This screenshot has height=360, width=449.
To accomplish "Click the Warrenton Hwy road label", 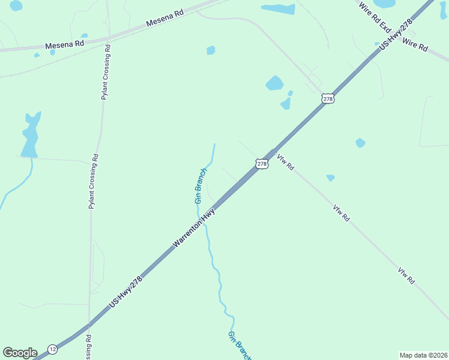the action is [x=194, y=229].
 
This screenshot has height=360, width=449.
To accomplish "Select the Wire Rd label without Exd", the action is [x=415, y=44].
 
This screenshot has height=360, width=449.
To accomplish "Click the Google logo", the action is [x=20, y=352].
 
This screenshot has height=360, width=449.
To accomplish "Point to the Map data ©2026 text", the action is [x=423, y=355].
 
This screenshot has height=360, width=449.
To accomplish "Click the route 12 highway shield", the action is [x=53, y=349].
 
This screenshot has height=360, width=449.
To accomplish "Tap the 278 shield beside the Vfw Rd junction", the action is [x=262, y=163].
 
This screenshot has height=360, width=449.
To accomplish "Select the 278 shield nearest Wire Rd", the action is [x=327, y=98].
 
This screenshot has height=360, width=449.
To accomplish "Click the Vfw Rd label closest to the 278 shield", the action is [x=285, y=163].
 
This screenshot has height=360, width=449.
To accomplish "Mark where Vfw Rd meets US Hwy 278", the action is [x=273, y=152].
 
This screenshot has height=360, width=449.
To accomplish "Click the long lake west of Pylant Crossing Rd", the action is [x=30, y=135].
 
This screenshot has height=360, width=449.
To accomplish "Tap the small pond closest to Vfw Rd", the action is [x=330, y=178].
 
